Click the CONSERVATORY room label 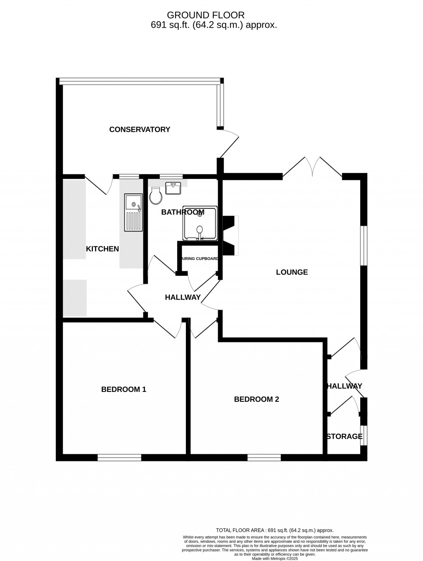click(140, 129)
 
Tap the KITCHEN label click(102, 249)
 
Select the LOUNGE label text click(292, 272)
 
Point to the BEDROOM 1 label click(124, 389)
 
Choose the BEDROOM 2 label click(257, 399)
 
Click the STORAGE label click(345, 437)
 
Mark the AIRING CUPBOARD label click(200, 259)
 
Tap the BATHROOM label click(183, 212)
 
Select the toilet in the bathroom click(156, 196)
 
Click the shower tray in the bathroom click(200, 223)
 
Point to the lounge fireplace click(230, 235)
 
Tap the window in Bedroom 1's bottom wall click(119, 457)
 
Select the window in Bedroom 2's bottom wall click(264, 457)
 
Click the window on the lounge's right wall click(364, 245)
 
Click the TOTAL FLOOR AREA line click(275, 530)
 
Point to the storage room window click(364, 435)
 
